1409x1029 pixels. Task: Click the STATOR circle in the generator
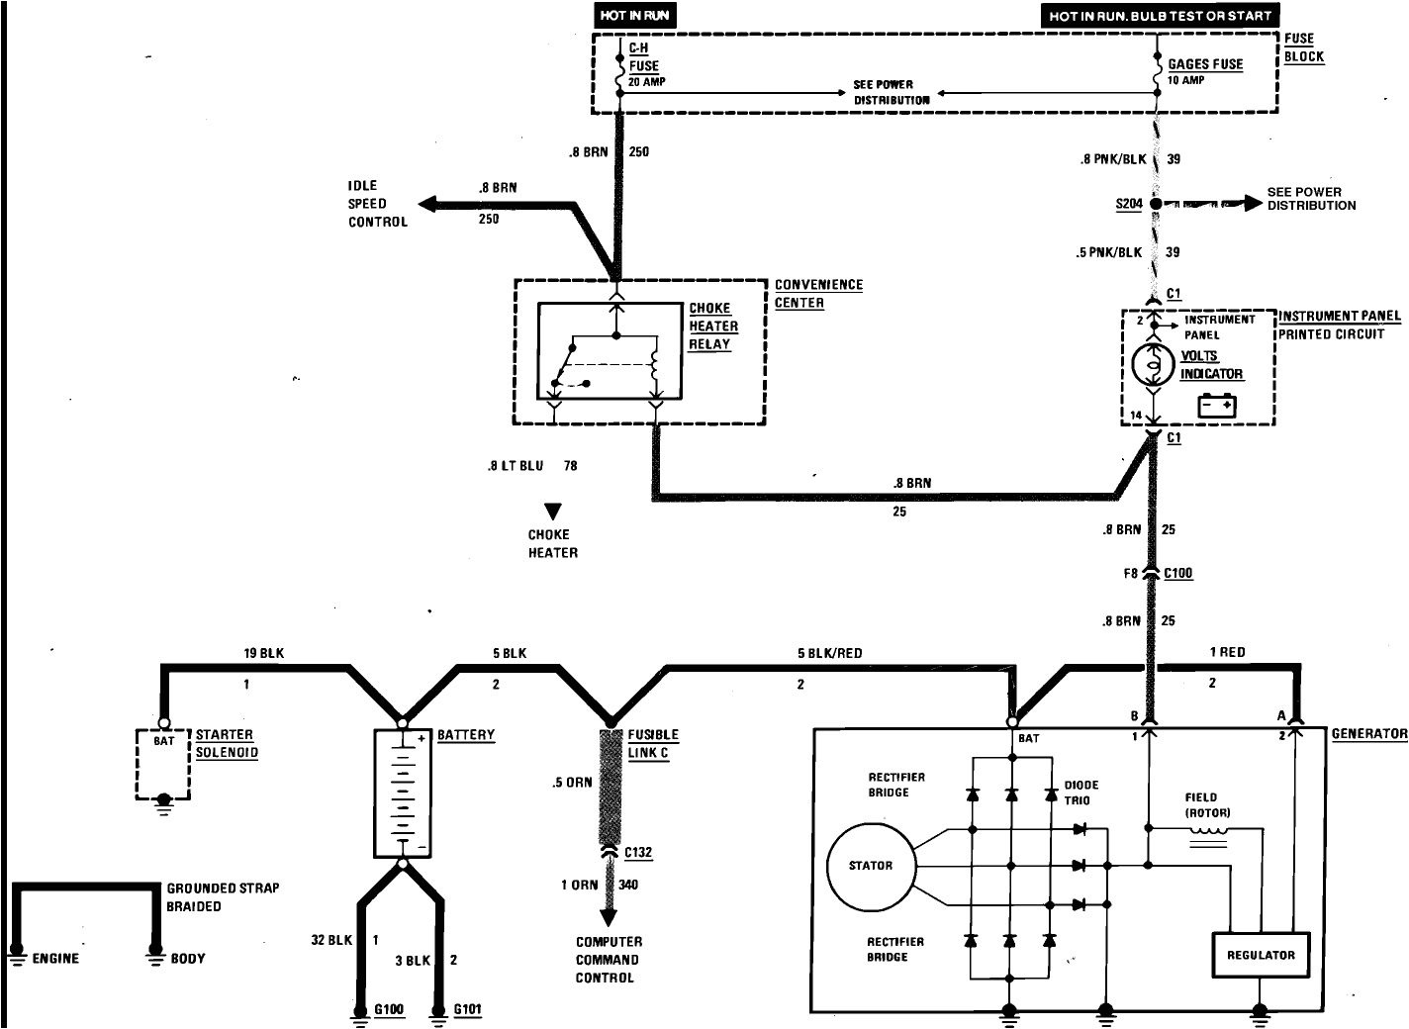pos(870,866)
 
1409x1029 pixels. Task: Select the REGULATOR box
pos(1260,955)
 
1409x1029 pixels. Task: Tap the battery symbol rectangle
pos(403,794)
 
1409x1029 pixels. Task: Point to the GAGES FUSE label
pos(1204,64)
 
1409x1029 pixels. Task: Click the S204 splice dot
pos(1155,204)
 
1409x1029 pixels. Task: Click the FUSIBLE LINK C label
pos(653,744)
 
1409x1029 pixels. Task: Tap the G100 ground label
pos(389,1010)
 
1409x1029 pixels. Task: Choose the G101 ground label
pos(467,1010)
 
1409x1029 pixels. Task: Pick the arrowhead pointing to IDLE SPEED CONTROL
pos(428,204)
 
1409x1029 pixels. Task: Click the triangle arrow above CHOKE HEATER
pos(552,512)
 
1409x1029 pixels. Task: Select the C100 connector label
pos(1177,573)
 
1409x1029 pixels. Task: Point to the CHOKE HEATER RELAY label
pos(712,327)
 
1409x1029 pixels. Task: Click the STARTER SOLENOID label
pos(226,744)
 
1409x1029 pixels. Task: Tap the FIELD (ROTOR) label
pos(1206,804)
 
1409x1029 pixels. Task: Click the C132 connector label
pos(638,853)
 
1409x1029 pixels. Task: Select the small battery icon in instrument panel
pos(1217,405)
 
